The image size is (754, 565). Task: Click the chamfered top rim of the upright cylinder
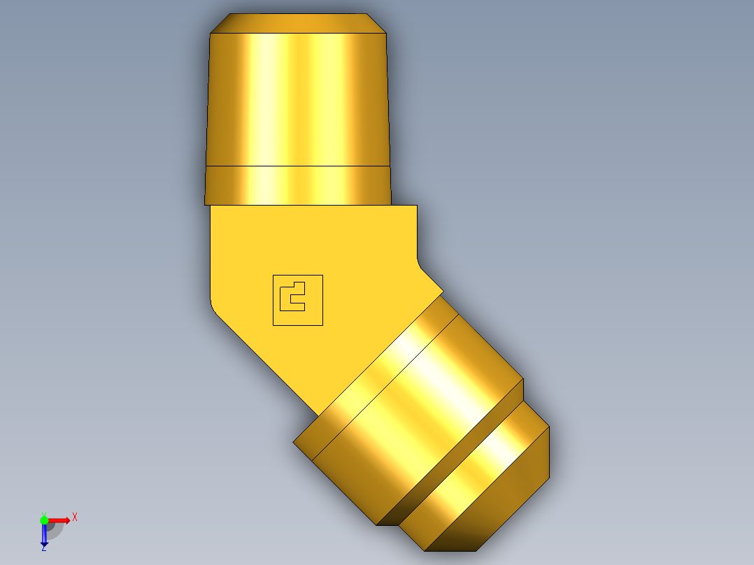pyautogui.click(x=298, y=23)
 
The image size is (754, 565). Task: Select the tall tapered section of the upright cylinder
pyautogui.click(x=298, y=98)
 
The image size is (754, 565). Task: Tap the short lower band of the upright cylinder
pyautogui.click(x=298, y=185)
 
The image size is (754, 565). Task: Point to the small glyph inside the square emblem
pyautogui.click(x=291, y=296)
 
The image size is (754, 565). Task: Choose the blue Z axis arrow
pyautogui.click(x=44, y=535)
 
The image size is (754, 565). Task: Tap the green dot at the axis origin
pyautogui.click(x=44, y=520)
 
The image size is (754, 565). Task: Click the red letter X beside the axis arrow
pyautogui.click(x=74, y=517)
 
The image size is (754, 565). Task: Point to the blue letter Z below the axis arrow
pyautogui.click(x=44, y=548)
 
